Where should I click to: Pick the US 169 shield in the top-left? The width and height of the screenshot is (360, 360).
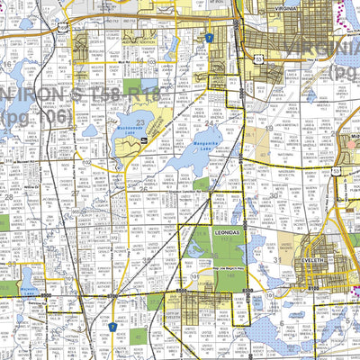(61, 26)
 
